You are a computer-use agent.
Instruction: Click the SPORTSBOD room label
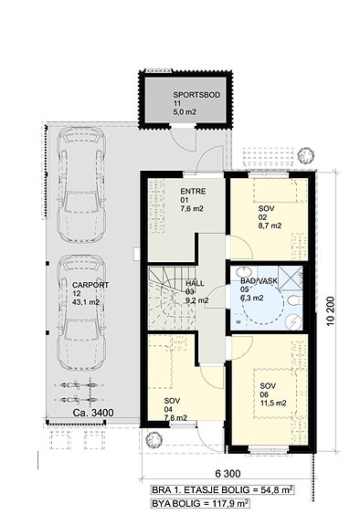196,95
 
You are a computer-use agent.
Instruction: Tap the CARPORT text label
90,285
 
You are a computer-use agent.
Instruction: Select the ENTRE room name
193,192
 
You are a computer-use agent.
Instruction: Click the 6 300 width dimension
228,474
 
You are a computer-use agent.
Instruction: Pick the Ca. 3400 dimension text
93,413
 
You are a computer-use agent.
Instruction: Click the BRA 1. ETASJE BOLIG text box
222,489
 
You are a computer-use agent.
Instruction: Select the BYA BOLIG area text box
200,503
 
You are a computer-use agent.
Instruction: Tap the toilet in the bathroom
293,300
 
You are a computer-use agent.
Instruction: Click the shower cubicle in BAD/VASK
290,277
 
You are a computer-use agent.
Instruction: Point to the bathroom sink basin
243,271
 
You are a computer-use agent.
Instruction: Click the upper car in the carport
81,184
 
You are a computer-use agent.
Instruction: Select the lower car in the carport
81,313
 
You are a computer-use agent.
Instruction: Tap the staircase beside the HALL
172,298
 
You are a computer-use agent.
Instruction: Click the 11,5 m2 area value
273,404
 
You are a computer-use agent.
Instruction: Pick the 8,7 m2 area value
270,226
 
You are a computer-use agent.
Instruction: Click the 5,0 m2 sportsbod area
185,112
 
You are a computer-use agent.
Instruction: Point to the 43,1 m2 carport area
86,302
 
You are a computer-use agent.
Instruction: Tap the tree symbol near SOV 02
306,155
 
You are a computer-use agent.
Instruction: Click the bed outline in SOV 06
276,394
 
